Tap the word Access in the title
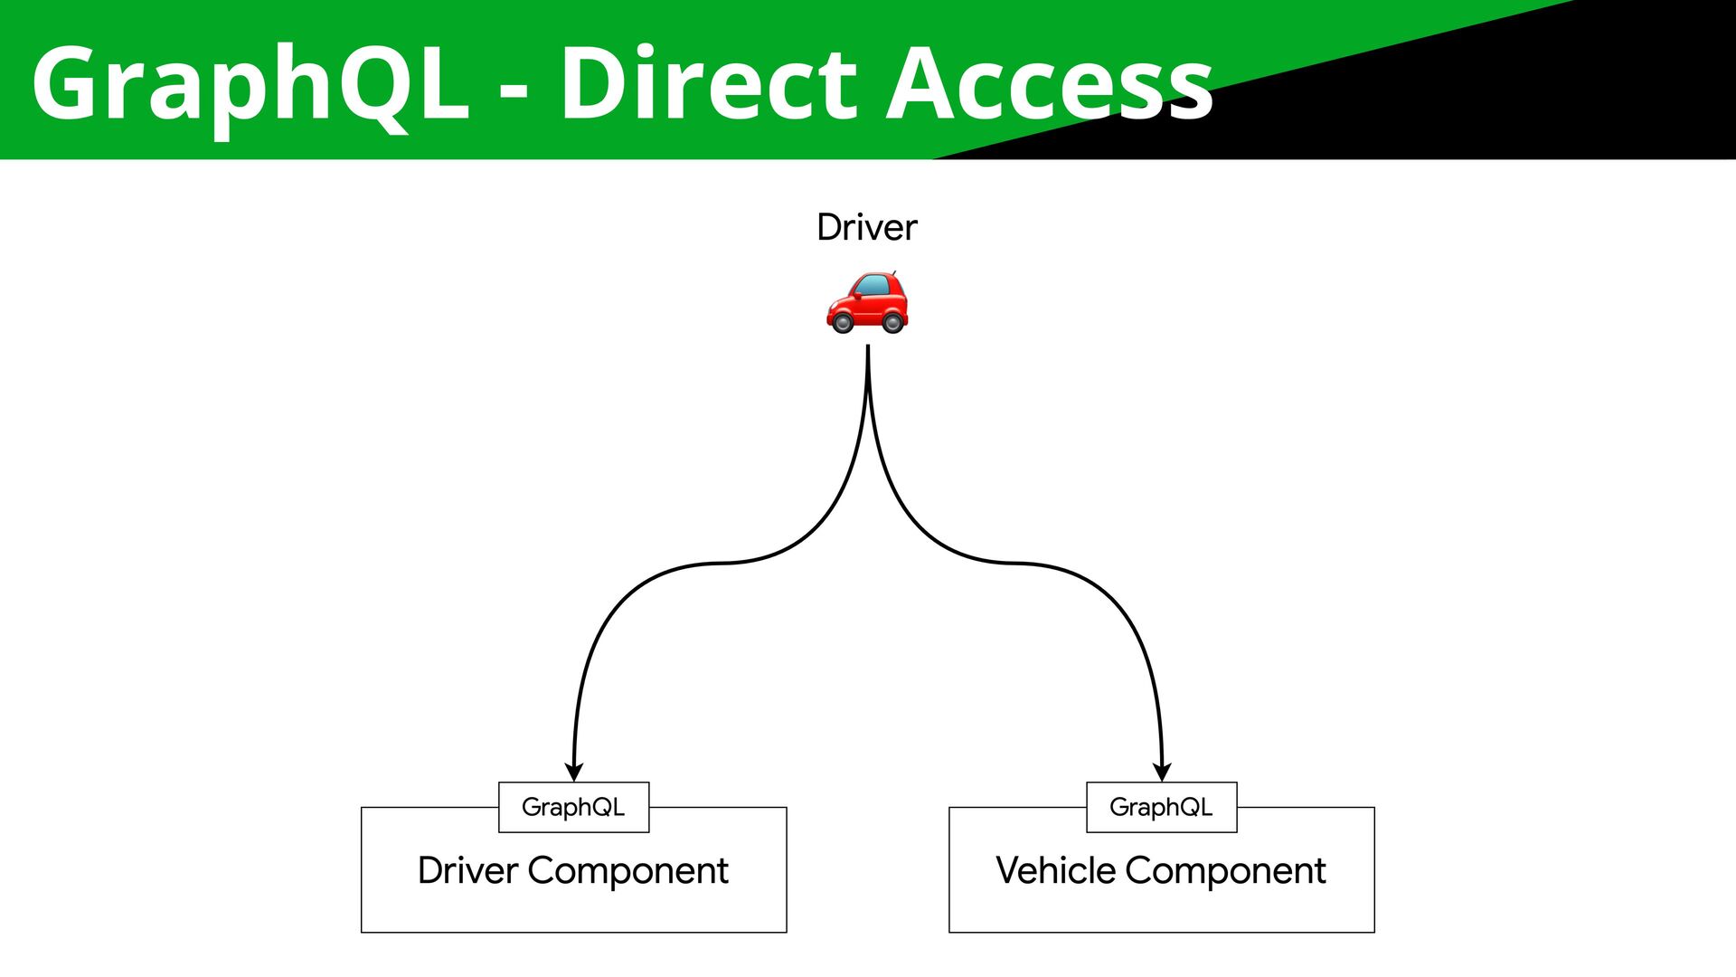point(1049,84)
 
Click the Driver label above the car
point(866,227)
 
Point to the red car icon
point(867,302)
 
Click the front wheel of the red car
point(843,322)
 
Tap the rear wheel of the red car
point(893,322)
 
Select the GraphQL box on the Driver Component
point(573,807)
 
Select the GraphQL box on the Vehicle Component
point(1161,807)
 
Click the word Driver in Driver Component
point(467,870)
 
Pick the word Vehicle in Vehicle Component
point(1055,870)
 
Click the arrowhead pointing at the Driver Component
point(573,772)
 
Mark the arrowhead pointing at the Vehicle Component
point(1162,772)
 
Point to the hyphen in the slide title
point(513,90)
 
